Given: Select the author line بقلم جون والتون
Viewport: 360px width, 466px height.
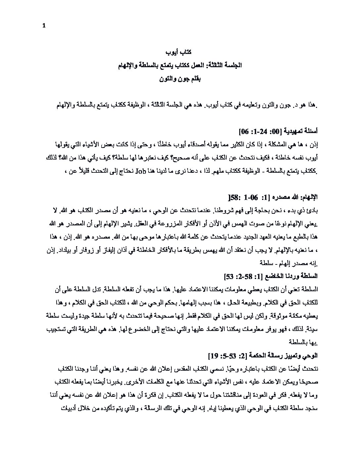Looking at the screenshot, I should point(180,79).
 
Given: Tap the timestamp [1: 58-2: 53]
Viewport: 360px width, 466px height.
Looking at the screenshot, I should point(243,276).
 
